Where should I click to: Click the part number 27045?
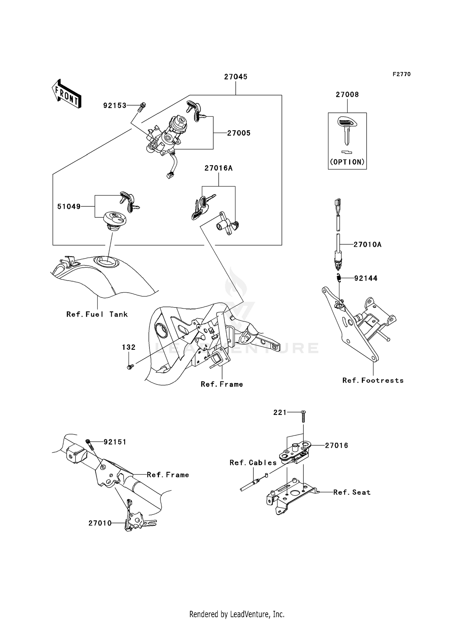(x=236, y=77)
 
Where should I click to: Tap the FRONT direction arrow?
(x=67, y=94)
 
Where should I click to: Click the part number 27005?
(x=239, y=133)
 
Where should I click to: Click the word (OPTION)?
(x=347, y=162)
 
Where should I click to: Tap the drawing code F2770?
(x=401, y=74)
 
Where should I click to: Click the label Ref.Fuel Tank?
(x=97, y=314)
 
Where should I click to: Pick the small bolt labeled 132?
(x=130, y=367)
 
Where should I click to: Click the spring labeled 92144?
(x=338, y=278)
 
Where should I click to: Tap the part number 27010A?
(x=367, y=245)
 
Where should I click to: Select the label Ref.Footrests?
(x=373, y=380)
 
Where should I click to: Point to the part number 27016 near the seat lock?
(x=337, y=446)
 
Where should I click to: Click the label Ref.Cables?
(x=253, y=463)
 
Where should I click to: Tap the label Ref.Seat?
(x=352, y=492)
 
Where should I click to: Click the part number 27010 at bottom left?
(x=100, y=523)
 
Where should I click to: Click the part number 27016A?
(x=218, y=168)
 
